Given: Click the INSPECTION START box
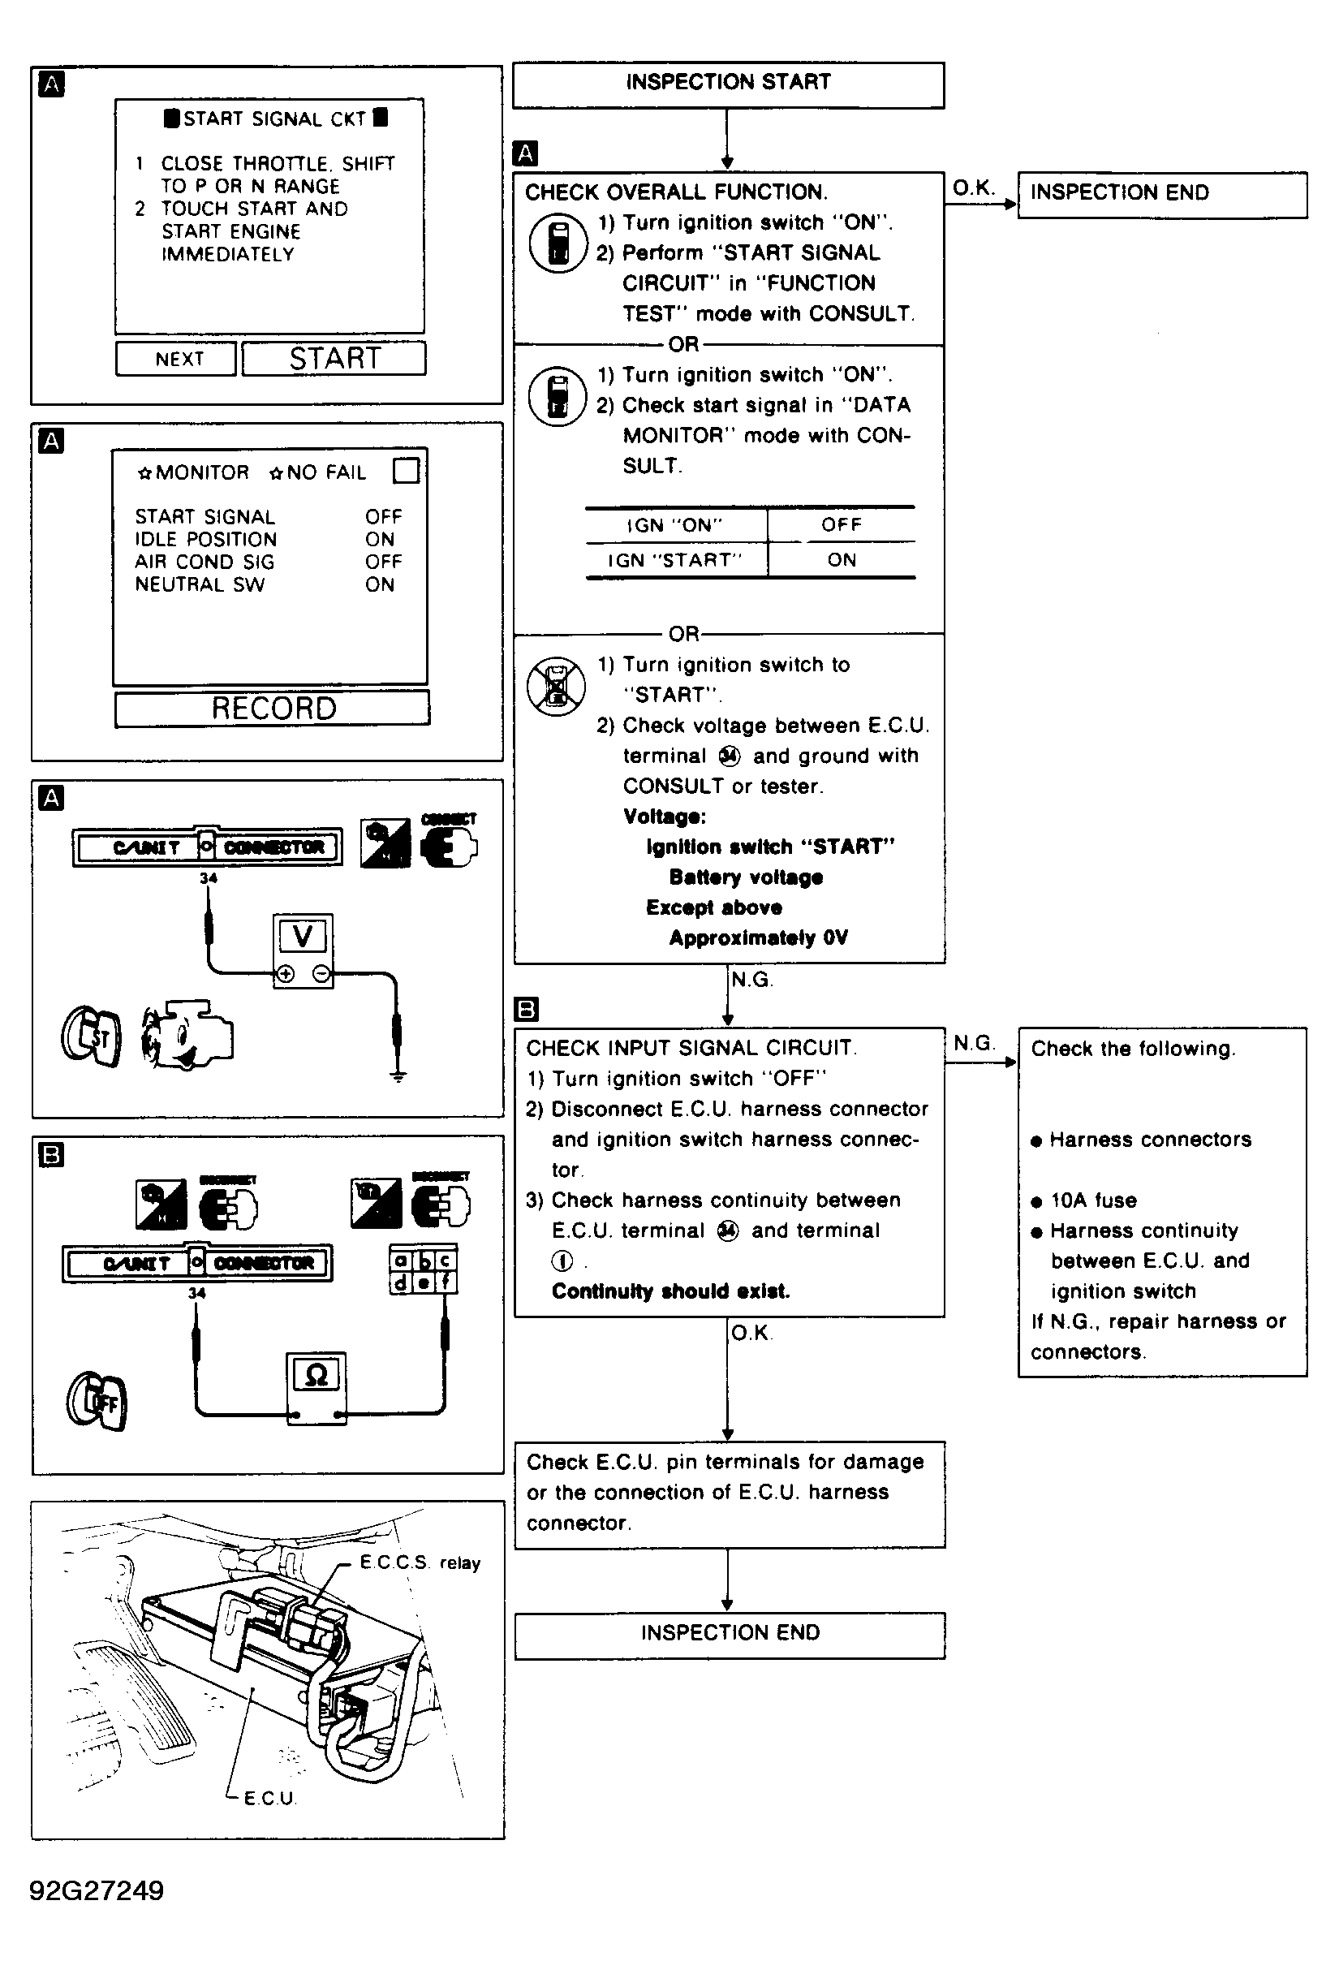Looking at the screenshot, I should pos(728,84).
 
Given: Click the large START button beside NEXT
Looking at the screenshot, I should pos(334,359).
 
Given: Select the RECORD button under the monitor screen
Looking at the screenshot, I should pos(273,708).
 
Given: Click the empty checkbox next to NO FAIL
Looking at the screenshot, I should pos(406,470).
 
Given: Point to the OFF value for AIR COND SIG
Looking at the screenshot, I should pos(383,562).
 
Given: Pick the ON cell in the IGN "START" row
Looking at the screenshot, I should pos(842,559).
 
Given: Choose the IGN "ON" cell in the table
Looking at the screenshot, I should pos(675,525).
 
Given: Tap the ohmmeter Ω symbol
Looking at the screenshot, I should pos(316,1376).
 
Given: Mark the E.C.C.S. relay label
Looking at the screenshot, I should pos(420,1562).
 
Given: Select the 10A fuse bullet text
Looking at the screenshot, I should pos(1092,1200).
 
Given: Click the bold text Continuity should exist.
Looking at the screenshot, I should pos(671,1291).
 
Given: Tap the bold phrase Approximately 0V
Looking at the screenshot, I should pos(758,937).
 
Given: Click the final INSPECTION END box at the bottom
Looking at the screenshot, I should pos(730,1633).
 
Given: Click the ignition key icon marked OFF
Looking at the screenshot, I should pos(97,1403).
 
